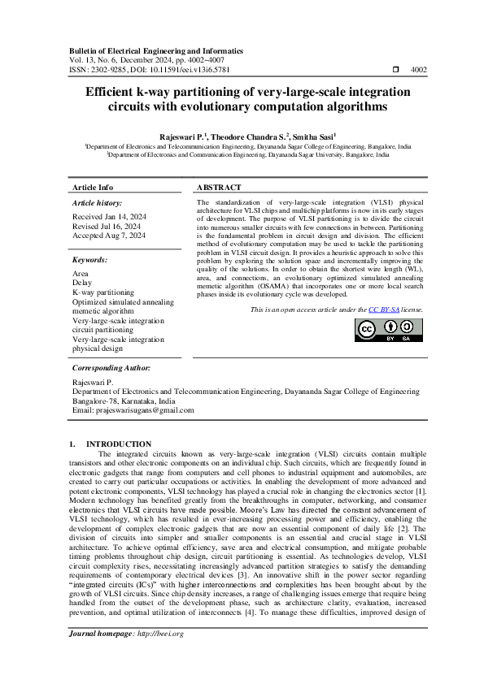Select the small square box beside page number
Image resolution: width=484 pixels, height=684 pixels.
click(x=395, y=70)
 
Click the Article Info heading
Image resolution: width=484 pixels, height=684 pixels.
click(x=93, y=187)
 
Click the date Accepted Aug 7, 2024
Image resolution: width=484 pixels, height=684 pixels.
click(x=109, y=236)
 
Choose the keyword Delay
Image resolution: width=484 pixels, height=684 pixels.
click(x=83, y=284)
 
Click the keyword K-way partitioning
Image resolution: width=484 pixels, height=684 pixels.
click(x=103, y=292)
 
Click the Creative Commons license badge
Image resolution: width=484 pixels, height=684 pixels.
click(x=388, y=329)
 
